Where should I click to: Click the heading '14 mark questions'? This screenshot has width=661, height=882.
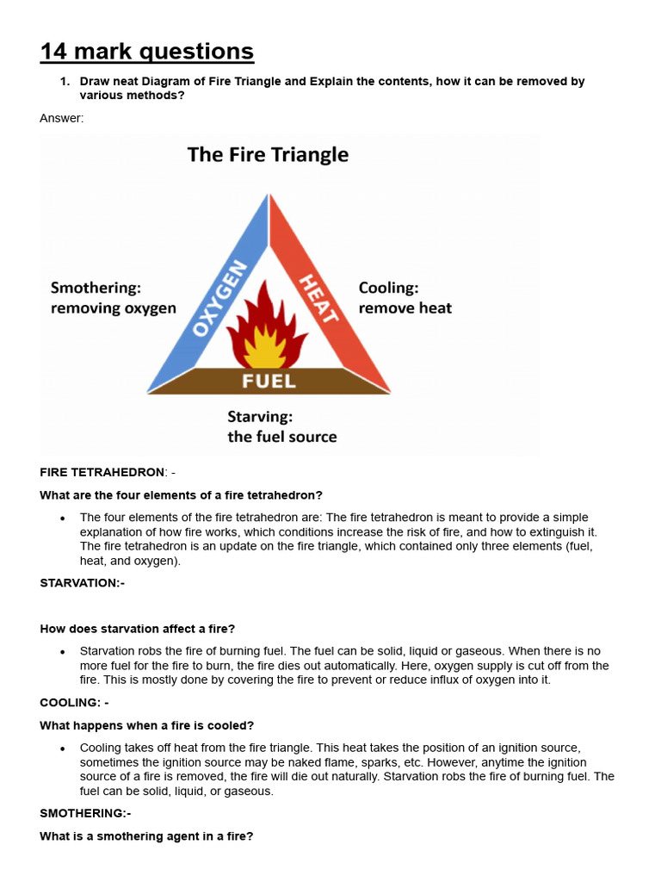click(146, 53)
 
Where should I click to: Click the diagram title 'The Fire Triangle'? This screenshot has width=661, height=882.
click(268, 155)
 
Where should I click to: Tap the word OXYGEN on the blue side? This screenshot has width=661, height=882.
click(213, 299)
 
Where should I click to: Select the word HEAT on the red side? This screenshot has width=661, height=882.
click(319, 297)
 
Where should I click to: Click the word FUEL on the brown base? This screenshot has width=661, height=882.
click(269, 381)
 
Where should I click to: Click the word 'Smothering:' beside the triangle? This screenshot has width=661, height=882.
click(96, 288)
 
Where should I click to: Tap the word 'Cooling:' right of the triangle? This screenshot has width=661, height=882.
click(388, 288)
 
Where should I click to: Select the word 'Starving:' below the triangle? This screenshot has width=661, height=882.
click(260, 416)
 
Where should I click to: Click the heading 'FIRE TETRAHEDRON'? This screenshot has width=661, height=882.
click(102, 472)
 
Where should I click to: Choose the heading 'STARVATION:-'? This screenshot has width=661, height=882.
click(82, 583)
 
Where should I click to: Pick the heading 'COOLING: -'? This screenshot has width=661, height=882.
click(74, 703)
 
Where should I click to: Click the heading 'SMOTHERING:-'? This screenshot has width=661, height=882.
click(85, 813)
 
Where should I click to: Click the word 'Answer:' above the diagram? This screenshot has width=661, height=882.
click(62, 118)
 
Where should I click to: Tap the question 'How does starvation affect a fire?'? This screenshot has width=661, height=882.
click(137, 629)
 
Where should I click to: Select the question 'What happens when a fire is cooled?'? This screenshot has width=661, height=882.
click(146, 725)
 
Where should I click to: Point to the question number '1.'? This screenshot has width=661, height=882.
click(64, 82)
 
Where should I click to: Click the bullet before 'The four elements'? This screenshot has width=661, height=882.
click(63, 519)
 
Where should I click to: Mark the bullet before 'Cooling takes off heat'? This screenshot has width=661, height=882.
click(63, 749)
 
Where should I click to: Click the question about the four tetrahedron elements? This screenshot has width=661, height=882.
click(181, 495)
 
